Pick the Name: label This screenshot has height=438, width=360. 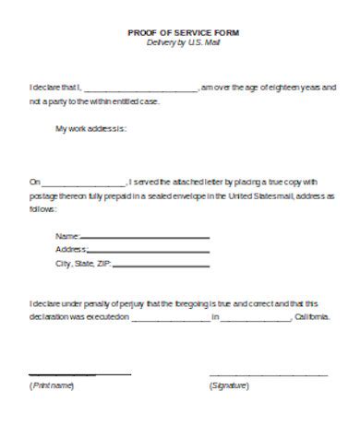[x=67, y=237]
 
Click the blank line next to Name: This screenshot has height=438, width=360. [x=145, y=239]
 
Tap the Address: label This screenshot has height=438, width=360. [x=71, y=250]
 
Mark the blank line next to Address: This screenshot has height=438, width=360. [x=149, y=252]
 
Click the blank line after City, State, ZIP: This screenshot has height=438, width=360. [x=162, y=266]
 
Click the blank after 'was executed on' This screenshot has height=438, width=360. [x=171, y=319]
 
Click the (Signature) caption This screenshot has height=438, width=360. [x=229, y=385]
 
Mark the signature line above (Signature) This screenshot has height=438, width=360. [x=268, y=375]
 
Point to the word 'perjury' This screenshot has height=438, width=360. [x=128, y=302]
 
